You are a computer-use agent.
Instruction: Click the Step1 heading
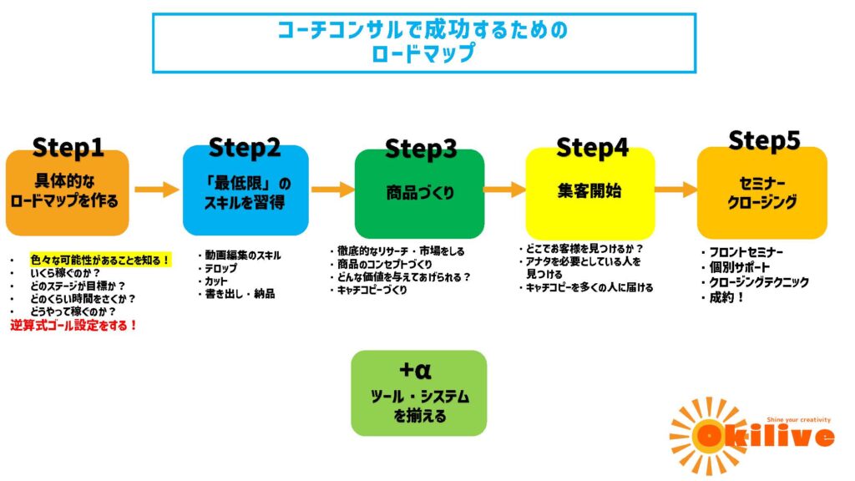click(x=68, y=148)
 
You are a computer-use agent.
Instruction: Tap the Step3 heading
click(x=420, y=149)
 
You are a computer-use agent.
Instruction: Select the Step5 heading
click(x=763, y=140)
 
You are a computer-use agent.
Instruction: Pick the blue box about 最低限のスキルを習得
click(x=245, y=192)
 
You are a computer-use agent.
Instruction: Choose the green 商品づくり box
click(x=419, y=194)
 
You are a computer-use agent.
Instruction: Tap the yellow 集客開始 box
click(x=589, y=191)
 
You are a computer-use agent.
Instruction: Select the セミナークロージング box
click(x=761, y=192)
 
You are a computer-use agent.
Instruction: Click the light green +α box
click(x=418, y=392)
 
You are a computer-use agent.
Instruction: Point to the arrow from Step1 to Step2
click(x=156, y=190)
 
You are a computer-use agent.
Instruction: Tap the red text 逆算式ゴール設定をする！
click(x=73, y=326)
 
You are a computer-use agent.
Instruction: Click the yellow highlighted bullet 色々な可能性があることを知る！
click(x=100, y=260)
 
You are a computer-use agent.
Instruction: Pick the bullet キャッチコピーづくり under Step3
click(x=372, y=291)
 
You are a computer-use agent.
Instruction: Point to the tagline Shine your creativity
click(x=789, y=419)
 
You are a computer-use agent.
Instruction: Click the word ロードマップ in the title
click(x=424, y=53)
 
